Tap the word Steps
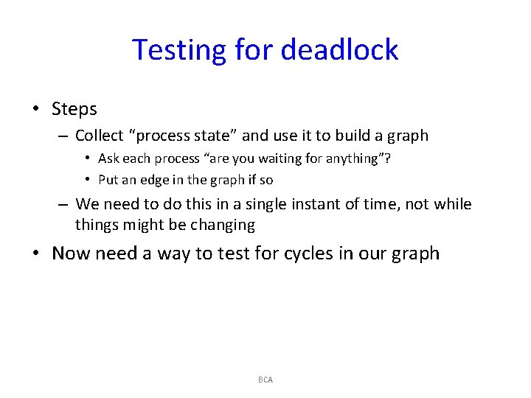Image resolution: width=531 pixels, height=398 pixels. coord(74,109)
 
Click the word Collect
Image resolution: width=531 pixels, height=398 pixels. coord(100,136)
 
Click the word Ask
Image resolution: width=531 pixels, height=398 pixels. coord(108,158)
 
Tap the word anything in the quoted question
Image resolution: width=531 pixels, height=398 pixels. coord(349,158)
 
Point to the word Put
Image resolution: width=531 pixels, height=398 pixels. coord(108,180)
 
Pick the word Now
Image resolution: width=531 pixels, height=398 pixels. coord(70,254)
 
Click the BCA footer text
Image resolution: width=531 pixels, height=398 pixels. coord(265,380)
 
